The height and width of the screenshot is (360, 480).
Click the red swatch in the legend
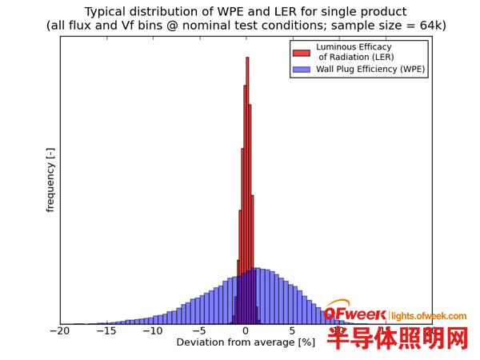[301, 53]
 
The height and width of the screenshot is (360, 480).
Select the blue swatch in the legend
[301, 70]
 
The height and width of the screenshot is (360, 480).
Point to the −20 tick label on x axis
[60, 332]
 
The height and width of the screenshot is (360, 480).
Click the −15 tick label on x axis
[106, 332]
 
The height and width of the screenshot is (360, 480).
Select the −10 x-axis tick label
[153, 332]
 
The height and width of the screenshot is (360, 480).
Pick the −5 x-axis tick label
[199, 332]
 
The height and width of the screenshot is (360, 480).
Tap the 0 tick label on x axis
[246, 332]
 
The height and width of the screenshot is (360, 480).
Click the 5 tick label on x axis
[293, 332]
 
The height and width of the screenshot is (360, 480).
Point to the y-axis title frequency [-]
[50, 180]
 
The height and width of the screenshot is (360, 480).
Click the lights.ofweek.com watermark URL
[428, 316]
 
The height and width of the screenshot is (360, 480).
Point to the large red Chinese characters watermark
[397, 338]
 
